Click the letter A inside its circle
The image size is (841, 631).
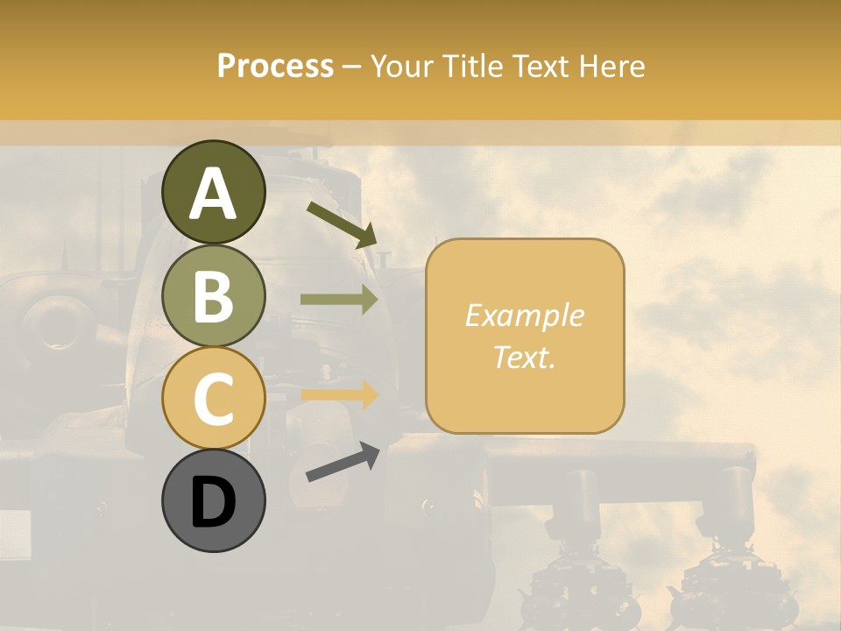coord(214,194)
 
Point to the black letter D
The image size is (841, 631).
coord(214,503)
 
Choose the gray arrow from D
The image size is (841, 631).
coord(343,462)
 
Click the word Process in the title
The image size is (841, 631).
coord(275,66)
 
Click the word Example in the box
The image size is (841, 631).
coord(524,315)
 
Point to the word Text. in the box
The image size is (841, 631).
coord(524,357)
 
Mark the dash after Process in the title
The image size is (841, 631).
coord(352,67)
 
